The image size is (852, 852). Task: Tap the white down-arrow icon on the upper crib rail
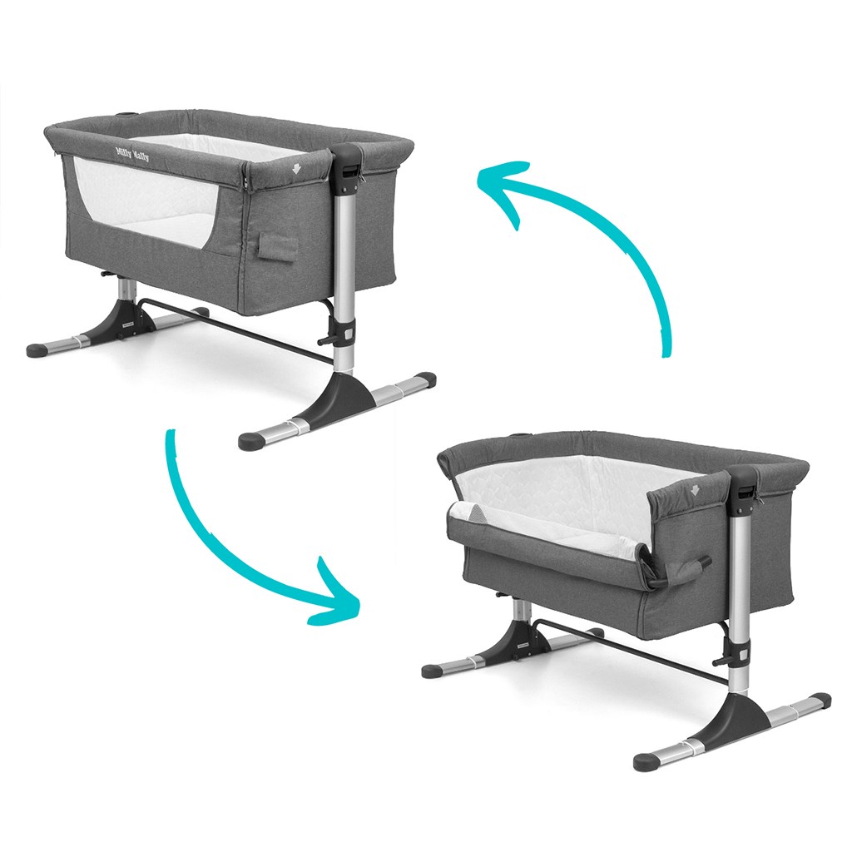[296, 168]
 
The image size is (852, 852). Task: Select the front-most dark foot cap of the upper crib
[251, 439]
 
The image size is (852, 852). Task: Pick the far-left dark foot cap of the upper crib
[38, 349]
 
